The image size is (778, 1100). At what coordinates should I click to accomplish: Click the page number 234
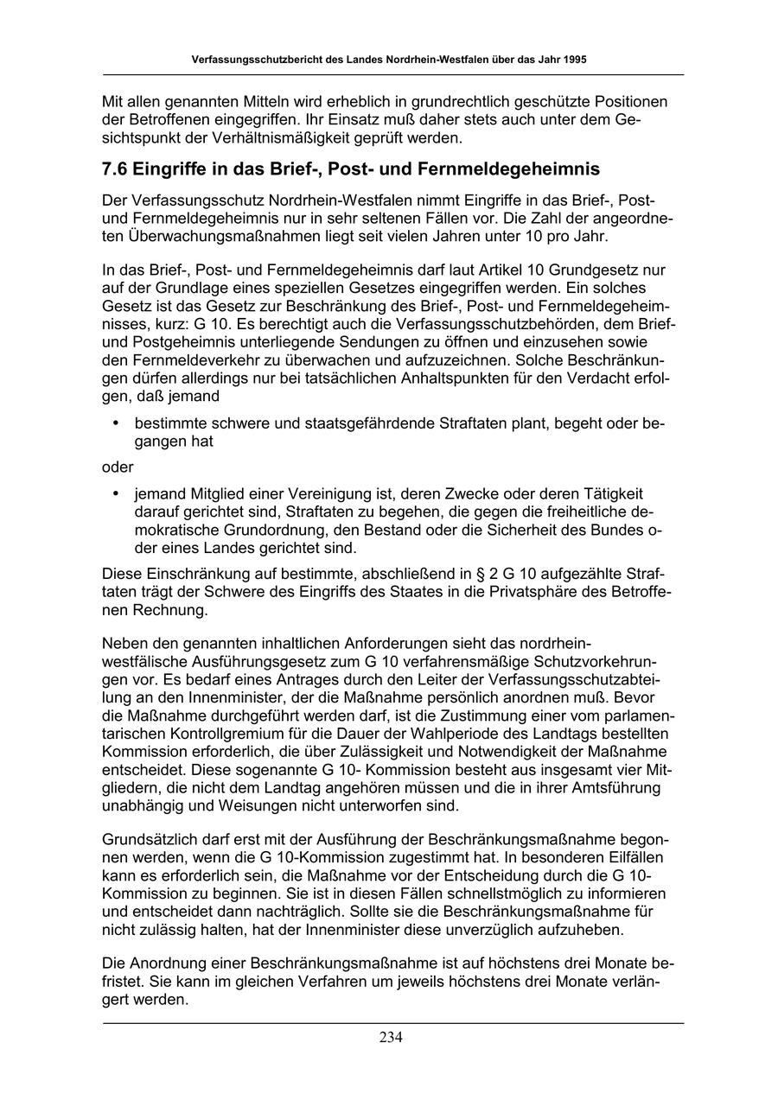point(391,1038)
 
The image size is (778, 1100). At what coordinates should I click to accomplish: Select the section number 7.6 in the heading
point(118,168)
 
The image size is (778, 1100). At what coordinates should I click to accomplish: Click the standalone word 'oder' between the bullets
point(118,467)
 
